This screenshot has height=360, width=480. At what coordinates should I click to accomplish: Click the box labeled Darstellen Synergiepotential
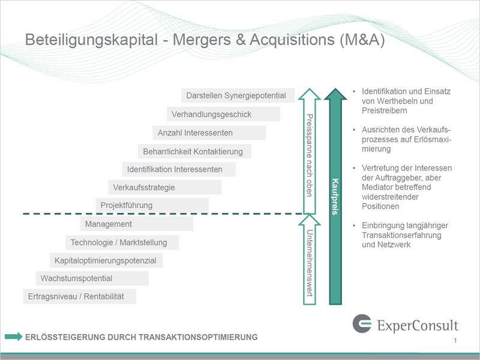pyautogui.click(x=238, y=95)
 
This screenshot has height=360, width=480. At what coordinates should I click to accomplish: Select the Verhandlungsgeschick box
pyautogui.click(x=223, y=114)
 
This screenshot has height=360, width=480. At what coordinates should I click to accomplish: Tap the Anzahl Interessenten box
pyautogui.click(x=209, y=133)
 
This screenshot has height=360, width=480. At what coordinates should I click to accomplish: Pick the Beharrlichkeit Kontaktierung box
pyautogui.click(x=194, y=151)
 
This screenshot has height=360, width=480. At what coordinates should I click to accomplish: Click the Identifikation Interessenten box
pyautogui.click(x=179, y=169)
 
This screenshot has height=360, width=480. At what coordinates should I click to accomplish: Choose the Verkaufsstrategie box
pyautogui.click(x=164, y=187)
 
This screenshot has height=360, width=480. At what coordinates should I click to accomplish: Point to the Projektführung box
pyautogui.click(x=152, y=205)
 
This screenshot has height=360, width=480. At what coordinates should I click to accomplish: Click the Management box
pyautogui.click(x=137, y=224)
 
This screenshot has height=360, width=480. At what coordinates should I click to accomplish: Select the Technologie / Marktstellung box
pyautogui.click(x=122, y=242)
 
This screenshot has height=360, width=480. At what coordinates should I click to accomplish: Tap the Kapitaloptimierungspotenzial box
pyautogui.click(x=106, y=260)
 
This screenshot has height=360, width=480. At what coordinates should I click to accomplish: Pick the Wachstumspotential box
pyautogui.click(x=92, y=278)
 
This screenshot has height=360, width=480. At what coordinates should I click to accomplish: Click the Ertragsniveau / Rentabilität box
pyautogui.click(x=80, y=296)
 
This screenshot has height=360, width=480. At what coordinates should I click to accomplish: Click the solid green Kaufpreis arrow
pyautogui.click(x=335, y=197)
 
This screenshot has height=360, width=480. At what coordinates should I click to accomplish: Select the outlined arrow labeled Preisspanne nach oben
pyautogui.click(x=310, y=151)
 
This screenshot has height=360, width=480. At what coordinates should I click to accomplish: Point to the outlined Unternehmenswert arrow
pyautogui.click(x=310, y=259)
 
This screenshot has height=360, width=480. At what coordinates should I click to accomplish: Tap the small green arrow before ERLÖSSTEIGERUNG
pyautogui.click(x=13, y=337)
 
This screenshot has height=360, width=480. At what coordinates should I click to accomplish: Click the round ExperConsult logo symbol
pyautogui.click(x=362, y=323)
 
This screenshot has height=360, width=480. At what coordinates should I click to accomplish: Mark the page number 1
pyautogui.click(x=455, y=340)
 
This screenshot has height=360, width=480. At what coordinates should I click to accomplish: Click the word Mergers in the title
pyautogui.click(x=202, y=40)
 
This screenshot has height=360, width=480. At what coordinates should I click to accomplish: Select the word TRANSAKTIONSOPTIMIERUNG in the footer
pyautogui.click(x=198, y=337)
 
